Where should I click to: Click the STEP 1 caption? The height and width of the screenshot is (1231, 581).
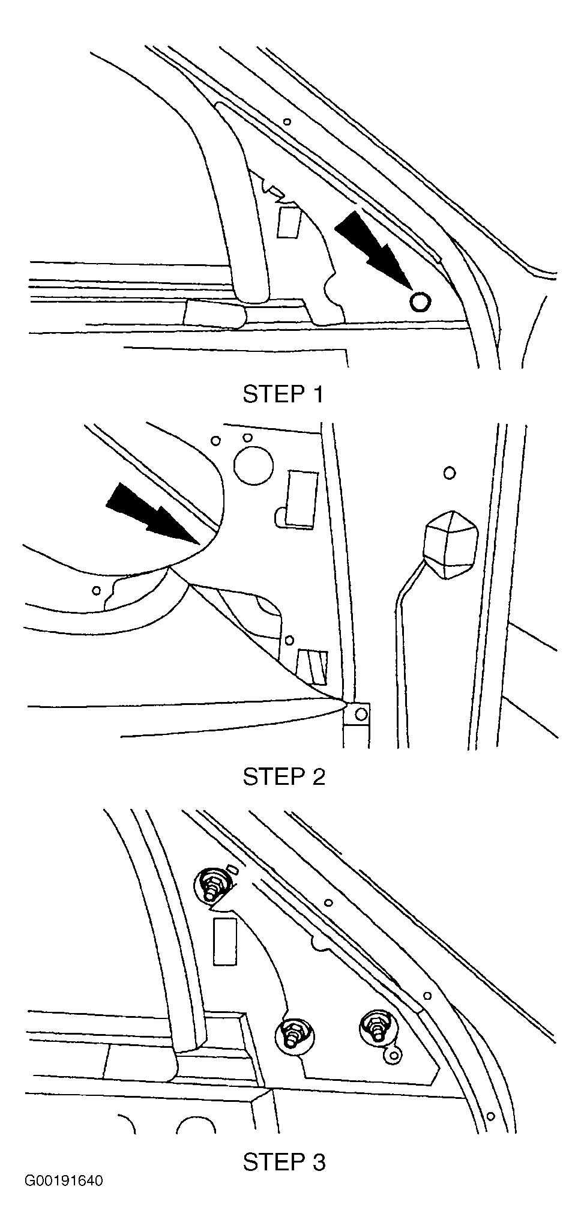coord(283,394)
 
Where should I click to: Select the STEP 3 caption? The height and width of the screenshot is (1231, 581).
coord(284,1162)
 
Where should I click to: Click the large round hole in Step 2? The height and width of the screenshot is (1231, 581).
coord(253,465)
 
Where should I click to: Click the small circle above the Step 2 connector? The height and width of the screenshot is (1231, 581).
coord(449,473)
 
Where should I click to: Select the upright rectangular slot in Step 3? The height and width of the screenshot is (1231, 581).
coord(225,941)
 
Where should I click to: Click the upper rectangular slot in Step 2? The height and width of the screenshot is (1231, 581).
coord(303,500)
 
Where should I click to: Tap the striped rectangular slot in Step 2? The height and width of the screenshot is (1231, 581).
coord(313,667)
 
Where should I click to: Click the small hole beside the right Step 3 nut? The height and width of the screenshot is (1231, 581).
coord(394,1055)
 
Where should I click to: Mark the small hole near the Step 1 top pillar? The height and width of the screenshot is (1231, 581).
coord(287,122)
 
